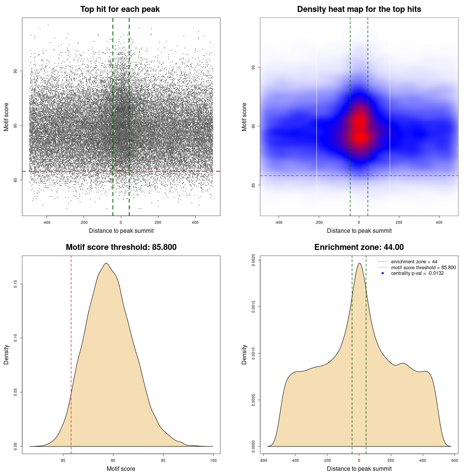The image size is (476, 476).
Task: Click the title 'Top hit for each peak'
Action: pos(120,9)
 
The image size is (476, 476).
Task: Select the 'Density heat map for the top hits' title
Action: pos(359,9)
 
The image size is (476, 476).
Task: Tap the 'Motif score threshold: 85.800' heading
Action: pos(121,247)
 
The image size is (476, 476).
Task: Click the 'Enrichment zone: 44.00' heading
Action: pos(359,247)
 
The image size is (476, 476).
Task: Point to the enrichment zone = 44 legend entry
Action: pos(414,262)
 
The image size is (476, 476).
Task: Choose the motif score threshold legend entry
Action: pos(423,267)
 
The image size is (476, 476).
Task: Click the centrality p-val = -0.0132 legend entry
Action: pos(417,273)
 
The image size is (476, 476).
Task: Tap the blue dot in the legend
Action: pos(383,273)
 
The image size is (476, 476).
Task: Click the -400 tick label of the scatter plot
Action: pos(46,222)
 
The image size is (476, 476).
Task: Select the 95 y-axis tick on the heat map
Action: pos(253,67)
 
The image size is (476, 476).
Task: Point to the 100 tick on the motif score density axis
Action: pos(213,460)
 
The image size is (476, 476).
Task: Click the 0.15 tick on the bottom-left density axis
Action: pos(15,284)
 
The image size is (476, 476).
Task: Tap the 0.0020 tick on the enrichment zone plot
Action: pos(253,260)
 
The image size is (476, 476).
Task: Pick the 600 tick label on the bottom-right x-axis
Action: pos(454,460)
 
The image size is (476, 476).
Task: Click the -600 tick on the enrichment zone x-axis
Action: pos(263,460)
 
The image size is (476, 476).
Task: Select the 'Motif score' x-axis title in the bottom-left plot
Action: pos(121,469)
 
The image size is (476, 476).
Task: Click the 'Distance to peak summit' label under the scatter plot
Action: pos(121,231)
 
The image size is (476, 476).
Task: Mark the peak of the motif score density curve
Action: pos(106,263)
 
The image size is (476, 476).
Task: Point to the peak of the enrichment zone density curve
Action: pos(359,263)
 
